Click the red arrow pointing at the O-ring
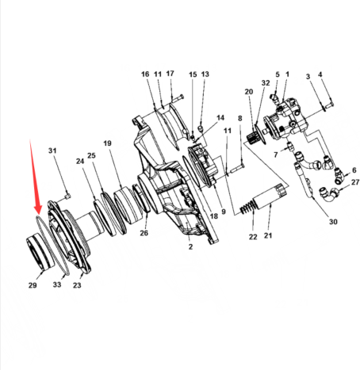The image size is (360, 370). click(35, 177)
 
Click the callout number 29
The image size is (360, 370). click(33, 285)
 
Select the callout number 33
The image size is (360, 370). click(57, 284)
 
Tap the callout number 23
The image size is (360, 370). click(77, 285)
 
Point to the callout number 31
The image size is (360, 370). click(52, 151)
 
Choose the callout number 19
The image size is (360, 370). click(107, 143)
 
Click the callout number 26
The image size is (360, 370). click(144, 233)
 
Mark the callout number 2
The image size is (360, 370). click(190, 246)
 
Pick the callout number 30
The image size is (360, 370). click(333, 222)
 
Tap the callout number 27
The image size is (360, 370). click(355, 182)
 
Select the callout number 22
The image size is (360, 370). click(253, 237)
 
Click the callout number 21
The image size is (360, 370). click(268, 235)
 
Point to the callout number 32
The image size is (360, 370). click(266, 83)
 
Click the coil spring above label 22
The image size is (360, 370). click(247, 208)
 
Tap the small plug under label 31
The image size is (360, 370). click(68, 196)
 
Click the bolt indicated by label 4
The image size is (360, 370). click(328, 105)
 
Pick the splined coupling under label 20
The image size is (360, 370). click(254, 139)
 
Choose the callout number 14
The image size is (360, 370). click(220, 118)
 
